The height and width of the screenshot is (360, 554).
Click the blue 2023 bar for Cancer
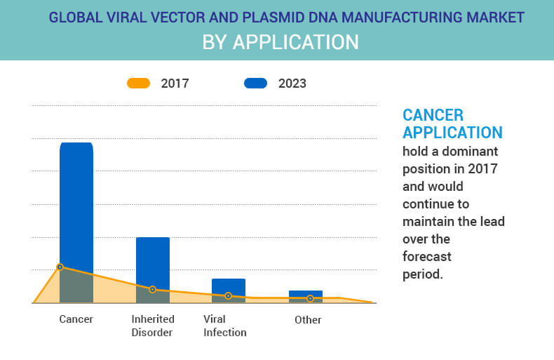(76, 204)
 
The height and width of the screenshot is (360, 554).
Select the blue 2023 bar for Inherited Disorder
(153, 260)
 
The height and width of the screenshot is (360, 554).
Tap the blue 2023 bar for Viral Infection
(229, 286)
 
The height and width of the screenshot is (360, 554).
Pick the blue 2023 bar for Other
(306, 293)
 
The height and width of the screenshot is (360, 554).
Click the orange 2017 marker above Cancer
(60, 267)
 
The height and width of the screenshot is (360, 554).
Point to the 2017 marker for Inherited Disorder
(152, 289)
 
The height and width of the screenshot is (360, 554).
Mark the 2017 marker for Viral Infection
(229, 296)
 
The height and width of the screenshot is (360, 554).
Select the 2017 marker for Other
(310, 298)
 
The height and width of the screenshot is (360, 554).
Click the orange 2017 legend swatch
(138, 84)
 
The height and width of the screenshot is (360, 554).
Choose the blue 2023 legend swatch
(255, 84)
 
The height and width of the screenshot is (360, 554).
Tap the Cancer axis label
(76, 319)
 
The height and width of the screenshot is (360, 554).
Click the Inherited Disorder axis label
(153, 326)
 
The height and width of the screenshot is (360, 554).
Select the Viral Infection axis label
(224, 326)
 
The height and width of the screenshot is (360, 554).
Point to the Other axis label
(308, 319)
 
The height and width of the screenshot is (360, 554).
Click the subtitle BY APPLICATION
(280, 42)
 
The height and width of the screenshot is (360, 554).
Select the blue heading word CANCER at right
(433, 115)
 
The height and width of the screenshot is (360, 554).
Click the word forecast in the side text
(426, 256)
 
